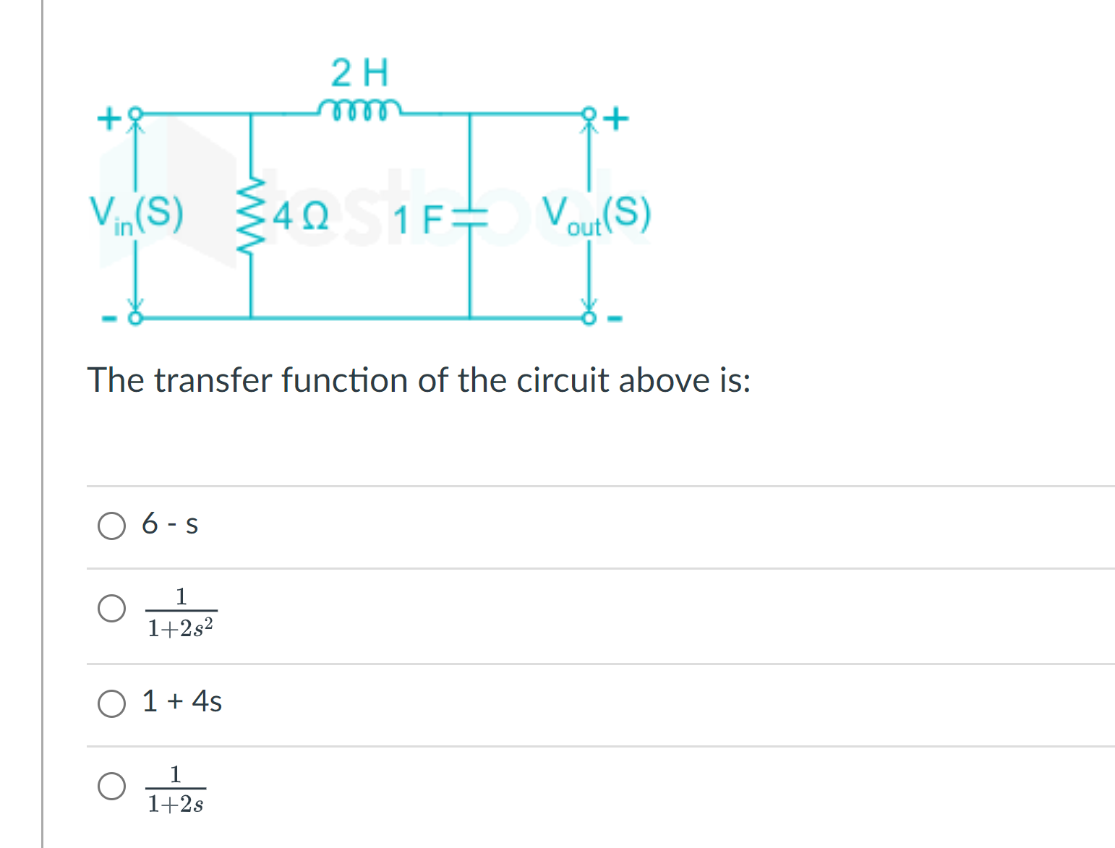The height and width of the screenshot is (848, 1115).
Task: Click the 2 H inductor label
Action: point(359,72)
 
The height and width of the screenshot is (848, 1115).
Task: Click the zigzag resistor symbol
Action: point(250,214)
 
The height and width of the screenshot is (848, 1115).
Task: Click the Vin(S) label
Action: point(136,214)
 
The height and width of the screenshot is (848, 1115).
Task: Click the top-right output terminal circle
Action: point(589,114)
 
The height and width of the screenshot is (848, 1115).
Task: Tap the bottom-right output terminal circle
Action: point(589,317)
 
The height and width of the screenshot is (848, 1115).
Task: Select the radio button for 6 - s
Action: point(111,526)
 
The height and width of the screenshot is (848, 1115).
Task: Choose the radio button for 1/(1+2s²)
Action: point(111,608)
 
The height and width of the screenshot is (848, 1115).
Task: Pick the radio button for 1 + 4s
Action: point(111,703)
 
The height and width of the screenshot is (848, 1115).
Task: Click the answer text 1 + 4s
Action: point(182,701)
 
